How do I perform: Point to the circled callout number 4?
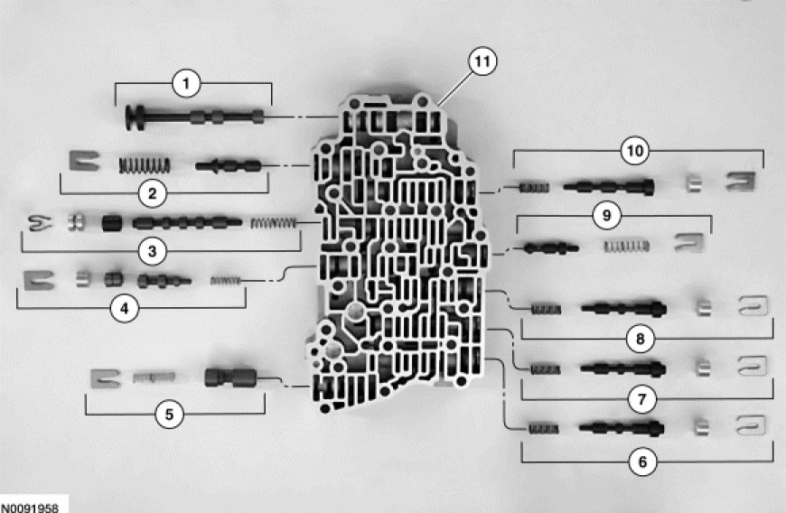(x=124, y=307)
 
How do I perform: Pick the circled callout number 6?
(x=642, y=462)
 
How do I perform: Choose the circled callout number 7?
(x=642, y=398)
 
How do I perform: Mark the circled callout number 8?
(x=641, y=340)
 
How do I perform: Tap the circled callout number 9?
(x=607, y=216)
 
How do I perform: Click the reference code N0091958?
(x=30, y=507)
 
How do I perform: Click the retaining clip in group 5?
(x=106, y=377)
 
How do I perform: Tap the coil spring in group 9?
(x=626, y=245)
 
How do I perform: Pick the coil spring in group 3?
(x=272, y=223)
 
